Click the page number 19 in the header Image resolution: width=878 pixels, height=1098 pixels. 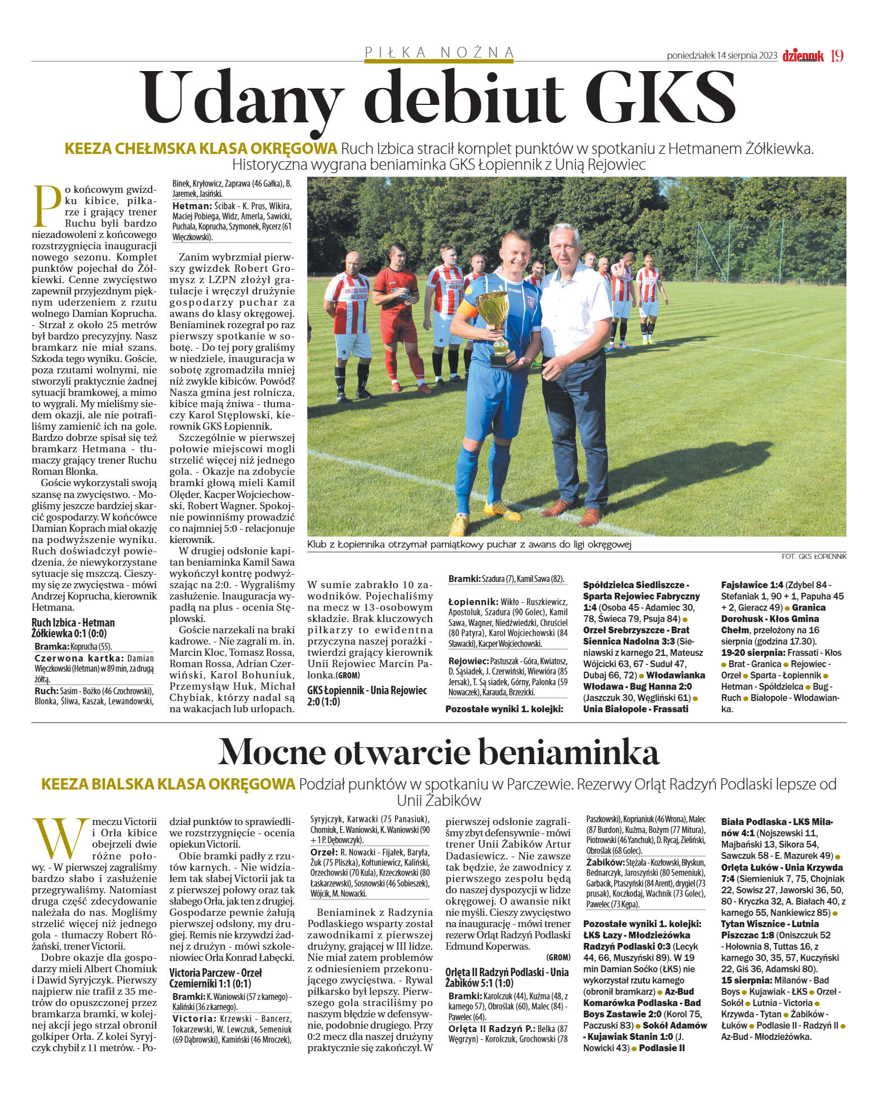837,56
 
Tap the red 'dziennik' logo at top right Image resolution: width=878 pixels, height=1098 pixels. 802,56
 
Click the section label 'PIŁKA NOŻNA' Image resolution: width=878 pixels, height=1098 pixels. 439,52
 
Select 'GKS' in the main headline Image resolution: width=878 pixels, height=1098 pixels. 659,97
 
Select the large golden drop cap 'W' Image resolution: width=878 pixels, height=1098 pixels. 60,839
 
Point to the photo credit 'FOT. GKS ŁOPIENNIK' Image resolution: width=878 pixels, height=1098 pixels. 814,556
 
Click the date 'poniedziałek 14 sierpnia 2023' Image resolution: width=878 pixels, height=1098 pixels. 722,56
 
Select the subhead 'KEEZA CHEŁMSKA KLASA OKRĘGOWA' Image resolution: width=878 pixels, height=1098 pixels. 201,149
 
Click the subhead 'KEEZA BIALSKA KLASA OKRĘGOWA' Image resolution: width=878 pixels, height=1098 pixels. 168,784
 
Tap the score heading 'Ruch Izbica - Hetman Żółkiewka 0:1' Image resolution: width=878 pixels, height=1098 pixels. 73,628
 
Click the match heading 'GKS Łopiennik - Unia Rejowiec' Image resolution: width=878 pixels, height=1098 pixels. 367,696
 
